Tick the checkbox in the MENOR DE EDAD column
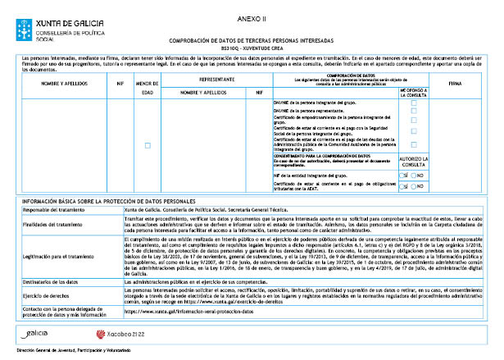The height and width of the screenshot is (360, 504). point(148,145)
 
